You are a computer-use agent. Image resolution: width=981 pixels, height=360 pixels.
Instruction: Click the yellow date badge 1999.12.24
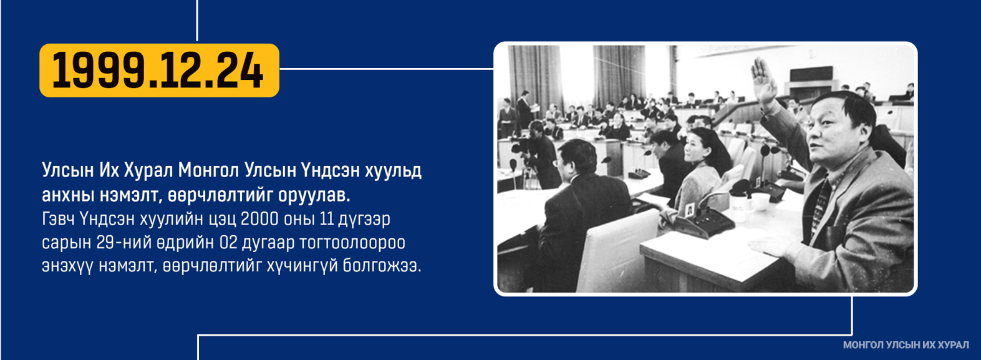pos(160,70)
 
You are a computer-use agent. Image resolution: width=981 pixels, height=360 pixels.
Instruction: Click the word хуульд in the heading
pos(394,170)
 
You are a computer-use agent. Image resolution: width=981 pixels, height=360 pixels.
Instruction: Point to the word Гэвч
pos(58,218)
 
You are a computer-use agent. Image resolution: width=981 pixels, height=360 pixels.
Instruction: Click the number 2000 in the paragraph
pos(259,218)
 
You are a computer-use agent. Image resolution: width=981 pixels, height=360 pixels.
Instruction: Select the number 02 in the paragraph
pos(228,242)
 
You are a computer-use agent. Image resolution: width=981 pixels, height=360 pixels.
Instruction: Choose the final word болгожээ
pos(382,266)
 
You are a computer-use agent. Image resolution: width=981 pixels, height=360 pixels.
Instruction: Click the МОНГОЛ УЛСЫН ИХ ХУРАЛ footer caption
pos(906,345)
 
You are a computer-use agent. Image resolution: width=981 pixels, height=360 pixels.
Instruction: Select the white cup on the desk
pos(760,202)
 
